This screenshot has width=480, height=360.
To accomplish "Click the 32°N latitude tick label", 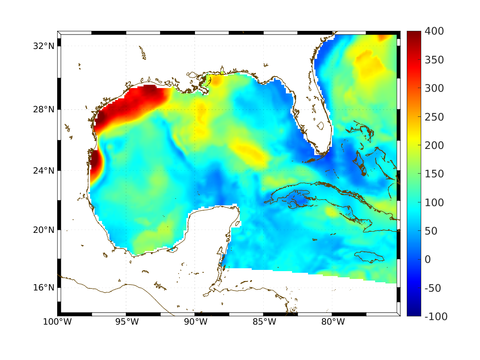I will click(x=44, y=46).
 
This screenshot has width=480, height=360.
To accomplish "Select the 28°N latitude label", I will click(x=44, y=109).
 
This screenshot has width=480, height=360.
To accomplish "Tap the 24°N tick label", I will click(x=44, y=170).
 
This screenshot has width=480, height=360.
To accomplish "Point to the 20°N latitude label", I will click(x=44, y=230).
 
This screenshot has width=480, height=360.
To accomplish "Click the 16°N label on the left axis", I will click(x=44, y=287).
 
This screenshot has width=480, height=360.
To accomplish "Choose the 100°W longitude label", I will click(x=57, y=322).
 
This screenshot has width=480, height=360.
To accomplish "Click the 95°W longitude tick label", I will click(x=126, y=322).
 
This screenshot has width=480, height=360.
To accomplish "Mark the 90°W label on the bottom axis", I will click(x=195, y=322).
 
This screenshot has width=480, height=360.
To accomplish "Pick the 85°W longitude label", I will click(x=264, y=322).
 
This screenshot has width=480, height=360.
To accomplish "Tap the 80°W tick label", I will click(x=332, y=322).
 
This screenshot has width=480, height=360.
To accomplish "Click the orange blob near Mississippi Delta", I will click(x=216, y=80).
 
